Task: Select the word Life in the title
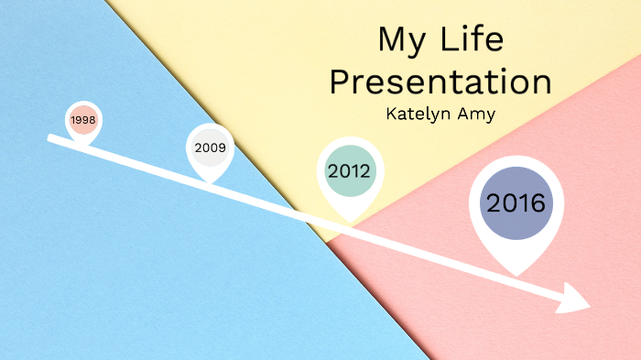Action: coord(470,40)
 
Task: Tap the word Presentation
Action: coord(440,82)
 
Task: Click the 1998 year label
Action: coord(82,120)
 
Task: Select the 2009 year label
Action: coord(210,147)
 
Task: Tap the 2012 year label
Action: coord(349,170)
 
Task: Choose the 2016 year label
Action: coord(516,203)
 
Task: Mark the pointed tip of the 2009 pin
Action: coord(211,181)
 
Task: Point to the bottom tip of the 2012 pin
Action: coord(349,223)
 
